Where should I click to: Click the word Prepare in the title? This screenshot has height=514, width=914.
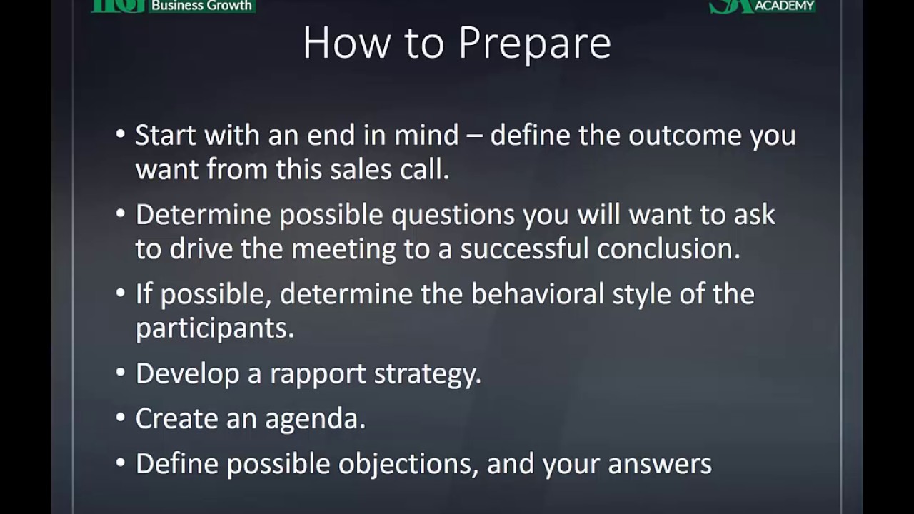535,44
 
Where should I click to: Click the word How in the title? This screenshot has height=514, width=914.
347,43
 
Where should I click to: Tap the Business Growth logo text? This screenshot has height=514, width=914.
201,5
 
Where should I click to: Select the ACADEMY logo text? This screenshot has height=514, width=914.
785,6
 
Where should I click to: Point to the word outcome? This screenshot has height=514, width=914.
685,135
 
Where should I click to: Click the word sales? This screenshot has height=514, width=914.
361,169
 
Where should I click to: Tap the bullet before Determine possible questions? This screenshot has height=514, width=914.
120,213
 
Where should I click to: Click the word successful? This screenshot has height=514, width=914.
525,248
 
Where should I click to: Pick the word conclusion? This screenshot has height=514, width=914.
668,248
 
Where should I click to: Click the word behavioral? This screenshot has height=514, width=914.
538,293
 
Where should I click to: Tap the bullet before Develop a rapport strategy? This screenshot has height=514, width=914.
120,372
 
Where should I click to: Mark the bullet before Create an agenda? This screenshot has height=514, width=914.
120,418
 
